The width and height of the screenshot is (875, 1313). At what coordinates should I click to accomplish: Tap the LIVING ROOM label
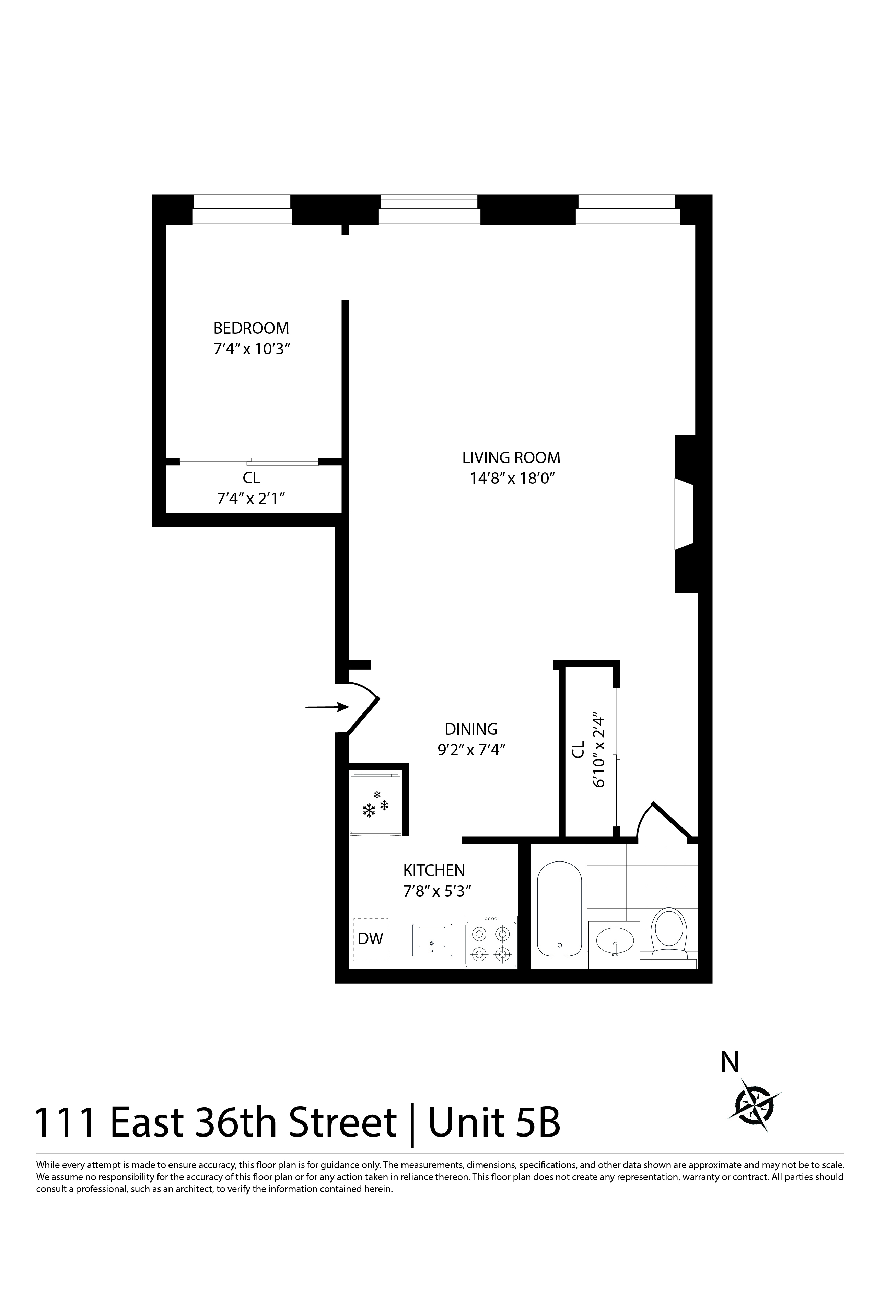point(511,458)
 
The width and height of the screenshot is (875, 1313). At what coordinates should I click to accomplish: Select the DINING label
point(471,729)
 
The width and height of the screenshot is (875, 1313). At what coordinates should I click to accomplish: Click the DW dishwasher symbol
point(371,938)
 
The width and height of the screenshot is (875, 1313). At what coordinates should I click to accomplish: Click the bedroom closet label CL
point(251,478)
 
